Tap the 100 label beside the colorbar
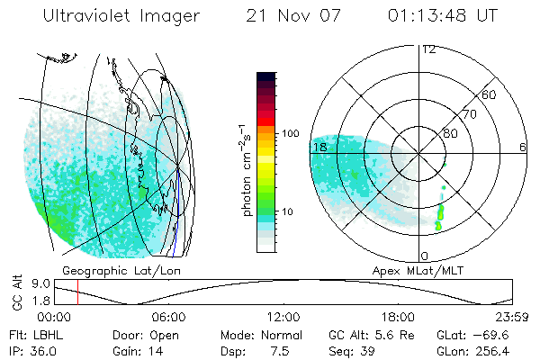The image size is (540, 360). click(291, 132)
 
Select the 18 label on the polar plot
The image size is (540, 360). click(319, 147)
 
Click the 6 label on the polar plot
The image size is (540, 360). click(522, 147)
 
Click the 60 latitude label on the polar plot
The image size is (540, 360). click(490, 94)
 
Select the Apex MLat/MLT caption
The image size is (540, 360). click(424, 270)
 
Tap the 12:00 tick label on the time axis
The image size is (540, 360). click(283, 317)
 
